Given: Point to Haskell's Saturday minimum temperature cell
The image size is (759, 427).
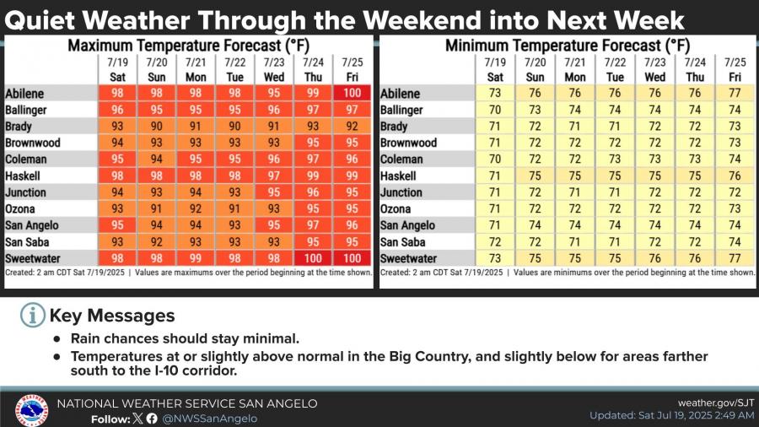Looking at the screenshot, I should tap(495, 176).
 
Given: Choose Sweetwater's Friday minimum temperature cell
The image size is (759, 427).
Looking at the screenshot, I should tap(735, 258).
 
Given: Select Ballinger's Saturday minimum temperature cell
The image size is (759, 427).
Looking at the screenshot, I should tap(495, 110).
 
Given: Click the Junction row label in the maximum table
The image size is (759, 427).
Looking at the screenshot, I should tap(29, 192).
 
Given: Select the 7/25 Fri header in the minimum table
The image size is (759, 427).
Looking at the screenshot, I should tap(735, 70).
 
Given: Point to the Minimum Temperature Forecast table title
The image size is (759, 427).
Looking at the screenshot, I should tap(567, 45).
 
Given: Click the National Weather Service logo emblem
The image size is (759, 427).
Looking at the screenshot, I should tap(31, 409).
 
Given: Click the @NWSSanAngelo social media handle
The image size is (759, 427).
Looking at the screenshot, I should tap(210, 419).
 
